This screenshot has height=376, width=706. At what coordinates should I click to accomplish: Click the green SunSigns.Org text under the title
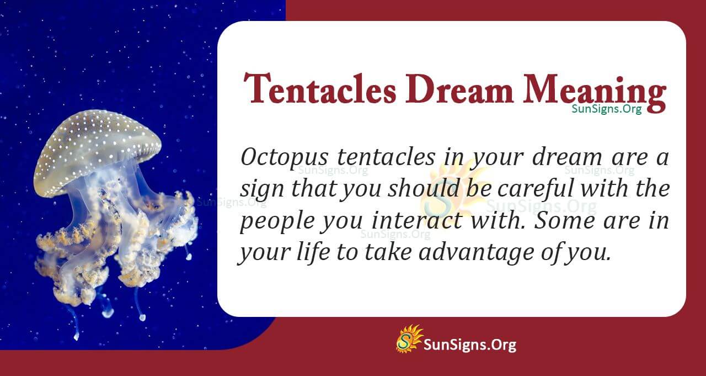606,109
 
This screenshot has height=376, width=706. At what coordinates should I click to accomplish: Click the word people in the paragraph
271,222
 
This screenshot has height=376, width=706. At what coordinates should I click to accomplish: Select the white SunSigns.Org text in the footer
469,345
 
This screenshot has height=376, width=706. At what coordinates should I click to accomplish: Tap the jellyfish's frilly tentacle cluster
116,248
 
